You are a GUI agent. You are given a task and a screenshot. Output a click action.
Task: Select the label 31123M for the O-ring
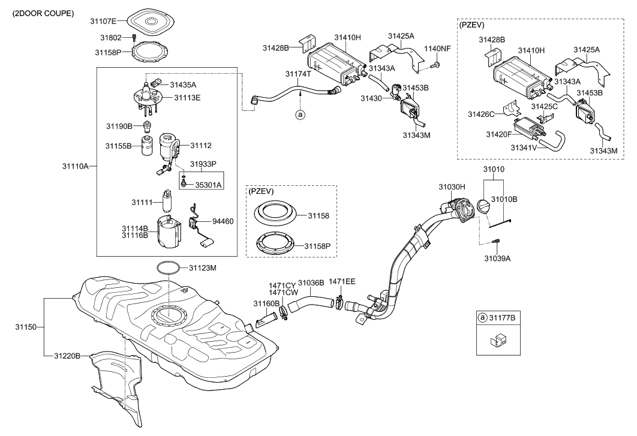pyautogui.click(x=203, y=267)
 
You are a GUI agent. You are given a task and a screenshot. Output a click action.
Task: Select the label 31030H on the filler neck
pyautogui.click(x=452, y=187)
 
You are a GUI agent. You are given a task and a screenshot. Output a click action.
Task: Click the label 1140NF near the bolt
pyautogui.click(x=437, y=48)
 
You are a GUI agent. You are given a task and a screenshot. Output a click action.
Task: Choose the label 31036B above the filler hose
pyautogui.click(x=311, y=282)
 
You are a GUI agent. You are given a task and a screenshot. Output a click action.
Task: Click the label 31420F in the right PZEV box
pyautogui.click(x=499, y=134)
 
